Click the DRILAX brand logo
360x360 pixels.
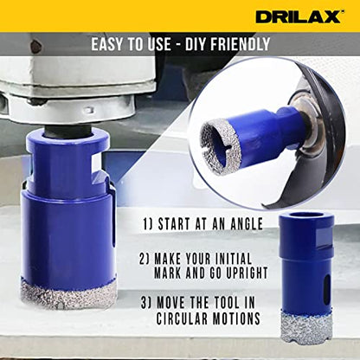coord(299,16)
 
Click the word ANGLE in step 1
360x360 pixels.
coord(247,224)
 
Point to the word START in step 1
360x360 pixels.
coord(175,224)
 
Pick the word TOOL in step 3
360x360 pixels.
coord(227,303)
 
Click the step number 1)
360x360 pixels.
coord(148,224)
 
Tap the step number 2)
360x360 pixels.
coord(145,259)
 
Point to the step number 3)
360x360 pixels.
coord(146,303)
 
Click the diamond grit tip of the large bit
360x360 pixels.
coord(68,295)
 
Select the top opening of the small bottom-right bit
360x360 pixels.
coord(307,215)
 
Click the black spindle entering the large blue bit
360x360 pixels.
coord(68,132)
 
